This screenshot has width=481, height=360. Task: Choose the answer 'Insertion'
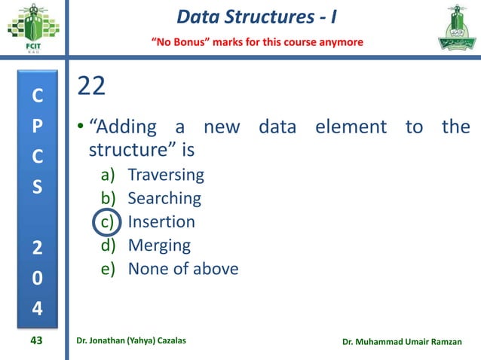point(161,222)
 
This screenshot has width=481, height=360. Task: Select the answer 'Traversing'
point(166,175)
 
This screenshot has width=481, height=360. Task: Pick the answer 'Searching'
point(164,199)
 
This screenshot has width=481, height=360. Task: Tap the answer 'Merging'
point(159,246)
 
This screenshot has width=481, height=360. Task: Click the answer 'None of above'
point(182,269)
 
